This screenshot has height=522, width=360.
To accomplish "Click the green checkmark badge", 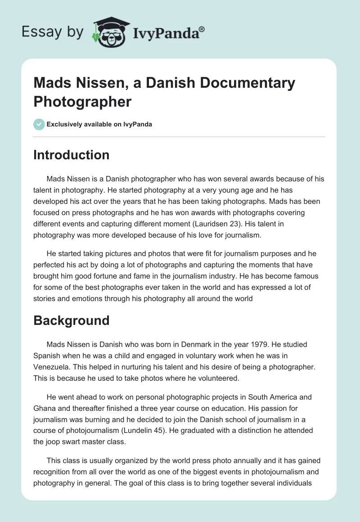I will click(x=39, y=124).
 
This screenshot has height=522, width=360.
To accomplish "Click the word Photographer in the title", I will click(x=82, y=102).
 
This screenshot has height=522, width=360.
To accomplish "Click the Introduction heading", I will click(x=72, y=155).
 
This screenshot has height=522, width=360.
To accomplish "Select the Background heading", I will click(x=72, y=320).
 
